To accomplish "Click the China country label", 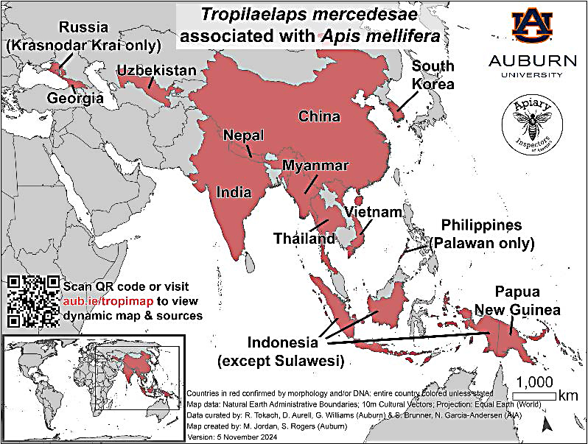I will coord(318,116).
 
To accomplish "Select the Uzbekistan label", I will coord(157,71).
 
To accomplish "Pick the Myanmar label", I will coord(315,166).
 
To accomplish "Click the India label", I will coord(234,192).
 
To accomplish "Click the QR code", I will coord(33,301).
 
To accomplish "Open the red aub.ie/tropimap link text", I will coord(99,300).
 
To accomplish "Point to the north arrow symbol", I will coord(545,423).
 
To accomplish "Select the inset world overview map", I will coord(92,373).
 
